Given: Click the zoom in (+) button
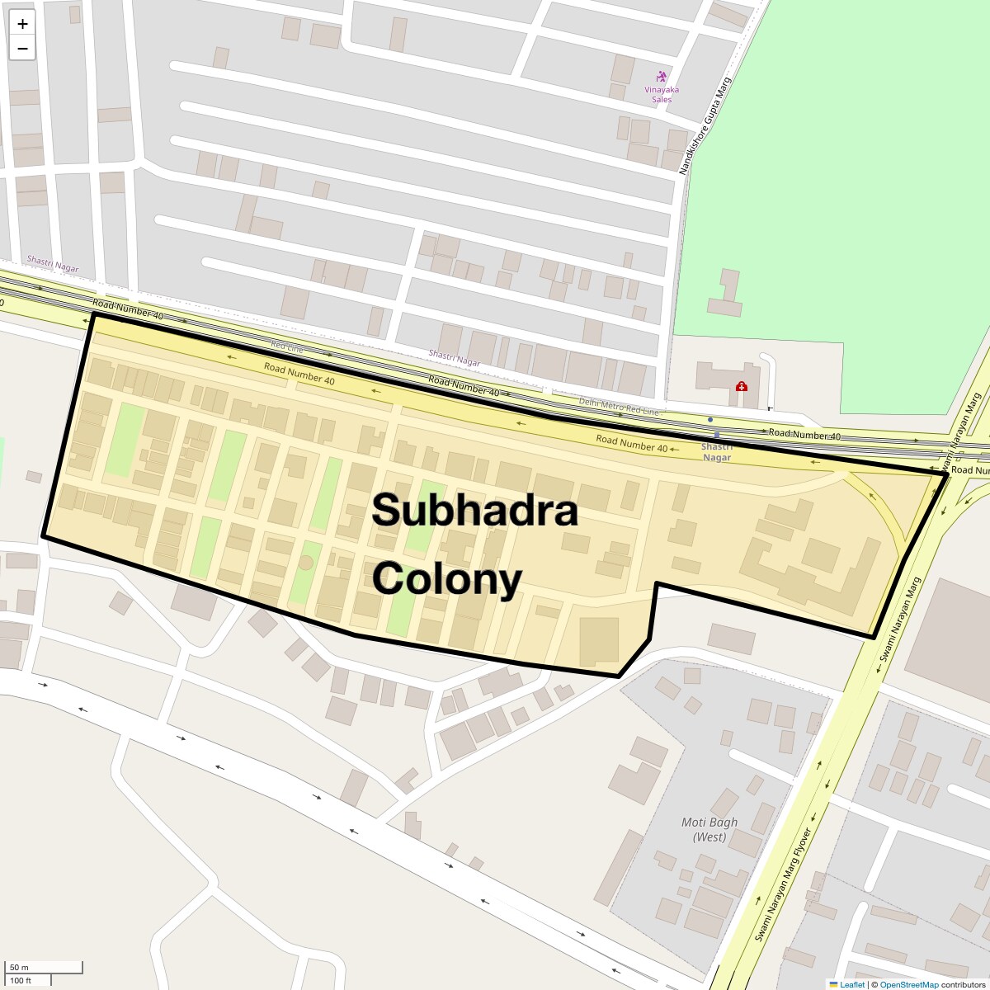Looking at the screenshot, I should coord(22,24).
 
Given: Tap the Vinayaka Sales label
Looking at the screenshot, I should coord(662,94).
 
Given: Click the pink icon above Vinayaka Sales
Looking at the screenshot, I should coord(661,77).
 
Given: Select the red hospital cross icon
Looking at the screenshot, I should coord(742,386).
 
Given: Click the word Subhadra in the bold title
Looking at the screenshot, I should coord(474,511).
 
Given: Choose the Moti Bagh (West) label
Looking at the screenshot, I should coord(709,829).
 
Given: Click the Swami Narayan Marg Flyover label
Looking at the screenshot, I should coord(783,884).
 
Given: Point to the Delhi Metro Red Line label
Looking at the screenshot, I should coord(619,405).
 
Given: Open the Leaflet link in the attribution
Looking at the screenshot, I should coord(852,984).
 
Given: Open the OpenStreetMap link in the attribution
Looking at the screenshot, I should coord(908,984).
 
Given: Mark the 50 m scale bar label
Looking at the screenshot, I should coord(19,968).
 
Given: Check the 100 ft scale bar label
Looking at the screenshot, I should coord(21,980).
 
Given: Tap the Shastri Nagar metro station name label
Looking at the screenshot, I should coord(716,452).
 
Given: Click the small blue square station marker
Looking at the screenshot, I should coord(717,435).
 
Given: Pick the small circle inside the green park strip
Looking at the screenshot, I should coord(305,563).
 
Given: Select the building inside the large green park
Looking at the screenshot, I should coord(726,293).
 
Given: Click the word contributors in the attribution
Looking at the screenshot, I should coord(964,984).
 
